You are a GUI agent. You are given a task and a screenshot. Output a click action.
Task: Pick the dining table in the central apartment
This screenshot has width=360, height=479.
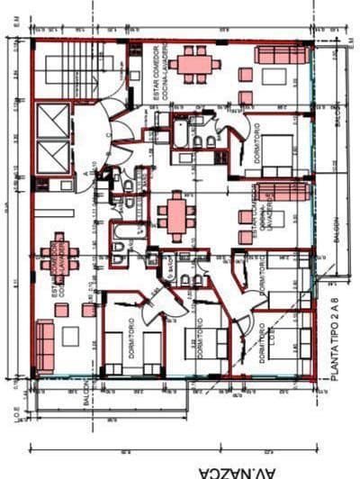click(x=175, y=216)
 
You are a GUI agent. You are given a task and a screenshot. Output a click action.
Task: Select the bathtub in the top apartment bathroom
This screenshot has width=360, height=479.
click(x=179, y=132)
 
